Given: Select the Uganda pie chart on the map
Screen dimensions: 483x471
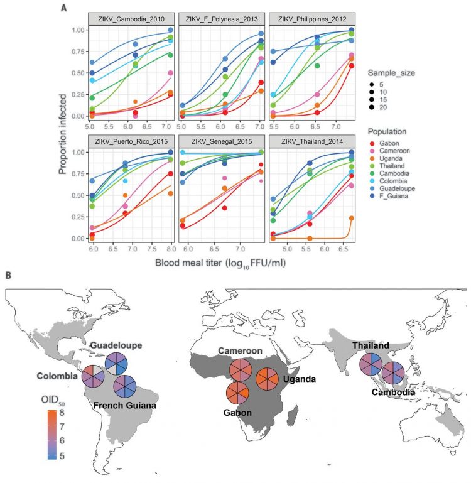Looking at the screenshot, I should pos(269,380).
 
